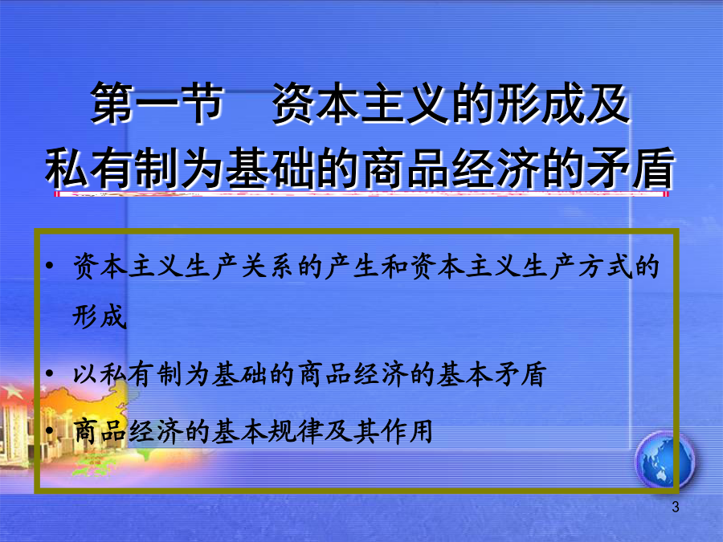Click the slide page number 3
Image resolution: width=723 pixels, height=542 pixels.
(x=675, y=507)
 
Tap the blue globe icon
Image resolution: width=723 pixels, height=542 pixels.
(x=664, y=459)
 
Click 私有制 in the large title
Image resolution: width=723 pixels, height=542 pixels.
(x=112, y=168)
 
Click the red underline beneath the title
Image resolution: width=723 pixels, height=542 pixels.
(x=361, y=194)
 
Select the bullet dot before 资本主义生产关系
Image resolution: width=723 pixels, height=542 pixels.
(x=49, y=266)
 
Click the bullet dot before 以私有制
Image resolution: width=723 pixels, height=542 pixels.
(x=49, y=373)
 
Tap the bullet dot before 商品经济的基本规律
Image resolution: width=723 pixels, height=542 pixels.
(x=49, y=430)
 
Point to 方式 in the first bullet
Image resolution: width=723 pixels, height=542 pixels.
(x=604, y=267)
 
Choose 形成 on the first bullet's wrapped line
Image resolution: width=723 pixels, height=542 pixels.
(x=100, y=316)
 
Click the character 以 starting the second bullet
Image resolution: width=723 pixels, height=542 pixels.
(x=86, y=373)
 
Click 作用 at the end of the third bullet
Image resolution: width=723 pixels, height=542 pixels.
(x=406, y=431)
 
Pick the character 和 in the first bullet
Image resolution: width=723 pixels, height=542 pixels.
(x=394, y=267)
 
